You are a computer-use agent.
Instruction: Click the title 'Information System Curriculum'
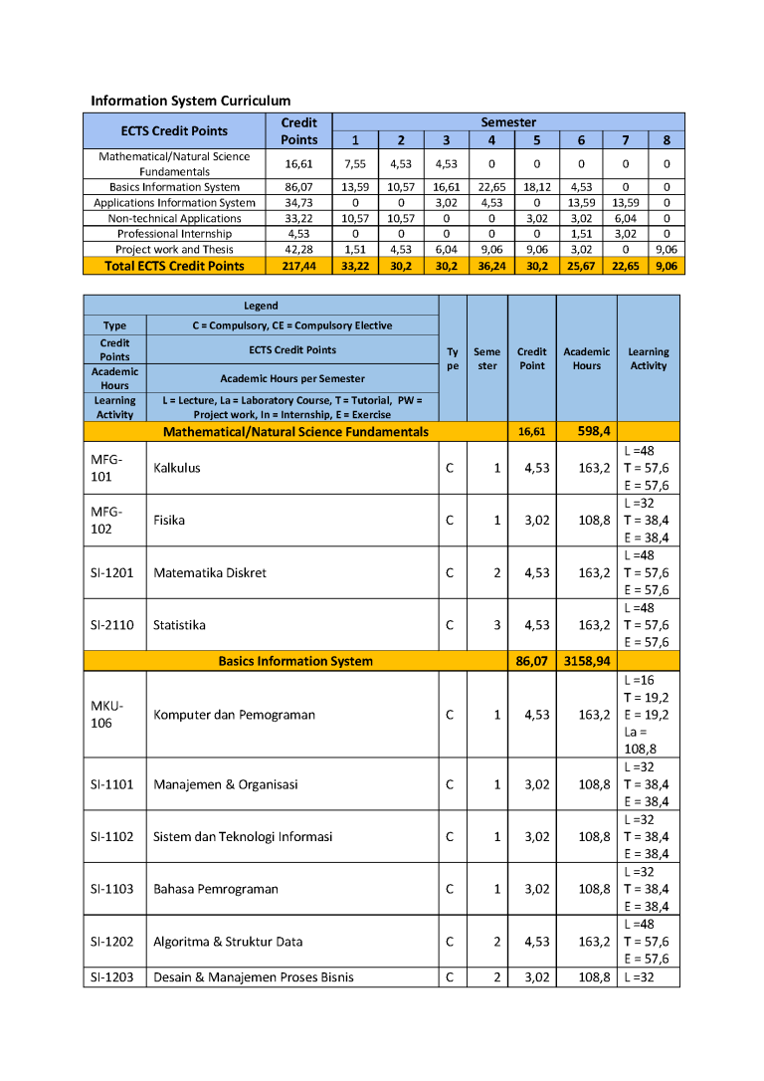pos(191,101)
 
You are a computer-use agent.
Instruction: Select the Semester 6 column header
pos(581,140)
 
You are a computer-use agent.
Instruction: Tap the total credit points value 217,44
pos(298,266)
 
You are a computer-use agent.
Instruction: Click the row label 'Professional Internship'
pos(174,234)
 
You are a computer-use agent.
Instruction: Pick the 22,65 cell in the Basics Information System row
pos(491,187)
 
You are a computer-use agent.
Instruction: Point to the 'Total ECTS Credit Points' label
pos(174,266)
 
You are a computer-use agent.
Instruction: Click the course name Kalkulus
pos(177,468)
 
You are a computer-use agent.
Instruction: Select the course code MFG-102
pos(106,520)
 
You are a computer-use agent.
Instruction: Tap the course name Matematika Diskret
pos(210,572)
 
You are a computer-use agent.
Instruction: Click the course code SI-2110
pos(112,625)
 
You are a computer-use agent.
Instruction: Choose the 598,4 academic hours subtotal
pos(587,431)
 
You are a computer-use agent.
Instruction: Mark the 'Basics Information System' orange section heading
pos(295,661)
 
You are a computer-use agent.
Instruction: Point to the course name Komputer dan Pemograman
pos(234,715)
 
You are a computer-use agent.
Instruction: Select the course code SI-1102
pos(112,836)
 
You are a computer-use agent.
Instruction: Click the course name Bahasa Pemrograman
pos(216,889)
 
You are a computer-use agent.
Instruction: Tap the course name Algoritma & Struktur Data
pos(228,942)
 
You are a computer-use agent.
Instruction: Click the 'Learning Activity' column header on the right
pos(649,358)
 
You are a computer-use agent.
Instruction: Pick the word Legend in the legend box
pos(261,306)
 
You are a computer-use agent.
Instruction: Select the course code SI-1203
pos(112,977)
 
